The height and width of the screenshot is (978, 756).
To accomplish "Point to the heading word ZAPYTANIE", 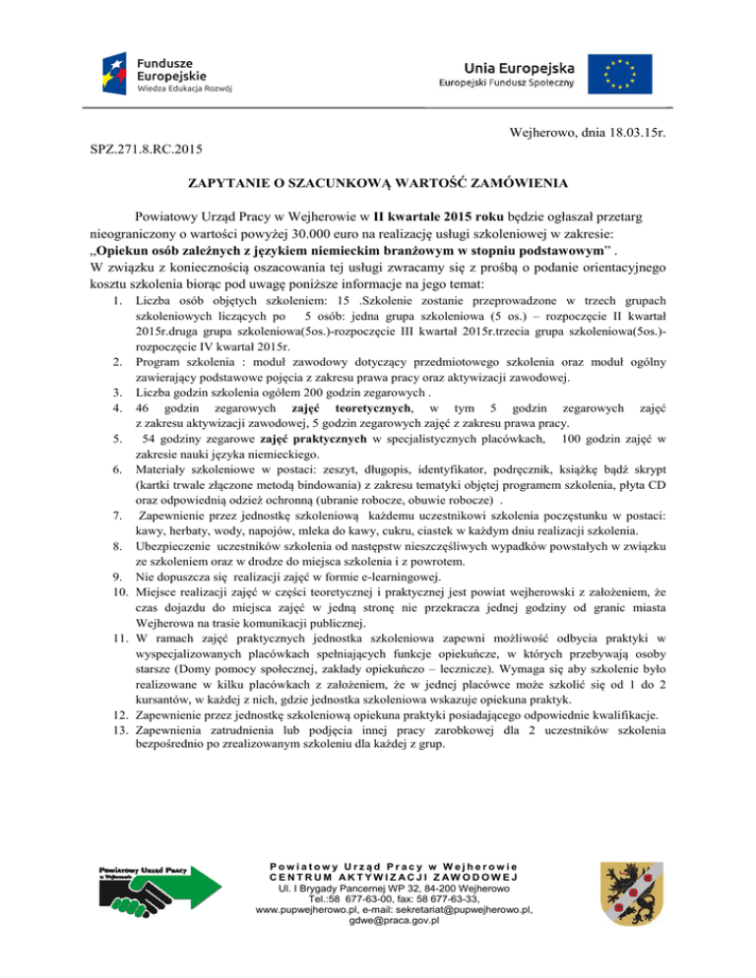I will [x=234, y=184].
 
